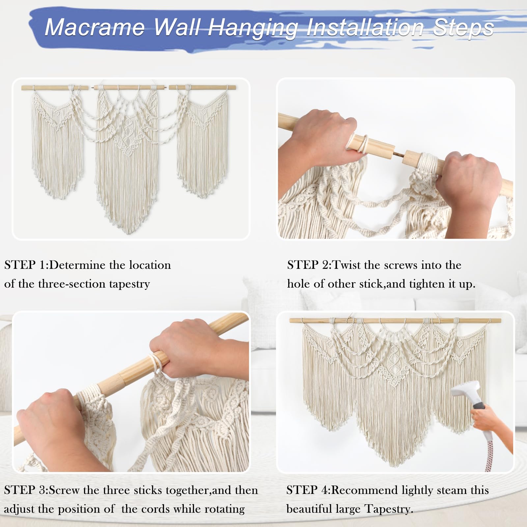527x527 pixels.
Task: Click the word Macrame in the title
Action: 95,27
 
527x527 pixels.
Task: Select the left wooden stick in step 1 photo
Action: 55,88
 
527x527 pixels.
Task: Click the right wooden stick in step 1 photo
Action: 202,88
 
